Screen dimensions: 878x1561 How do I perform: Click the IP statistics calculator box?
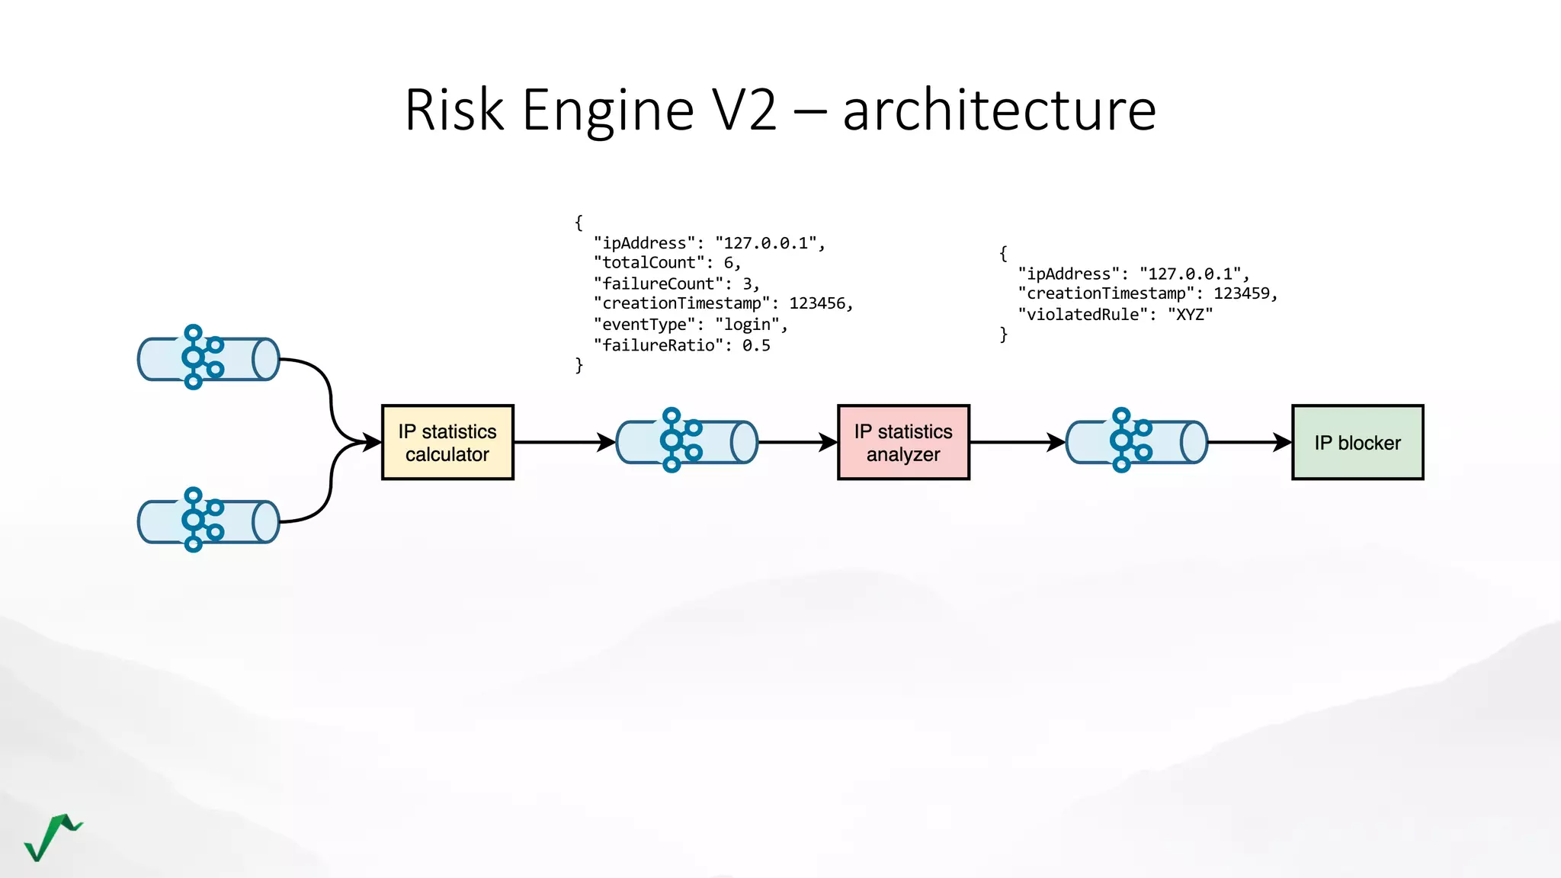point(447,442)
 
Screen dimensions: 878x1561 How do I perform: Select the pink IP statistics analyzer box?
point(903,442)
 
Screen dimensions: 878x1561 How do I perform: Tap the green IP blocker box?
point(1357,442)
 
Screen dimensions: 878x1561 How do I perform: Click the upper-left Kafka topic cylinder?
point(209,358)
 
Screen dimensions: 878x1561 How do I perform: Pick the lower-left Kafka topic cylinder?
point(209,521)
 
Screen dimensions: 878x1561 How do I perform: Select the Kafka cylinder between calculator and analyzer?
point(687,441)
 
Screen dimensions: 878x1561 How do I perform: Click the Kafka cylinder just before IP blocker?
point(1136,441)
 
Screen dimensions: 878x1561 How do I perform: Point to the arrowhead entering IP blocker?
point(1283,442)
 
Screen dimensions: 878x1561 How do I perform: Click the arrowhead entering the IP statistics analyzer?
point(829,442)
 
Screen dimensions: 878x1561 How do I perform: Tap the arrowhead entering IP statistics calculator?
point(373,442)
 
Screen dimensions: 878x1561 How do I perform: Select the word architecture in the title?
point(999,111)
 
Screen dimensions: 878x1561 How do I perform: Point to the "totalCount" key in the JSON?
point(649,263)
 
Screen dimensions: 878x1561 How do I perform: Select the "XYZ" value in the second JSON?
point(1190,314)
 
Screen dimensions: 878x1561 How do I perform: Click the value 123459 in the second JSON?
point(1242,293)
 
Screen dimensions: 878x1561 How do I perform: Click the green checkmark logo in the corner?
point(52,837)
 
